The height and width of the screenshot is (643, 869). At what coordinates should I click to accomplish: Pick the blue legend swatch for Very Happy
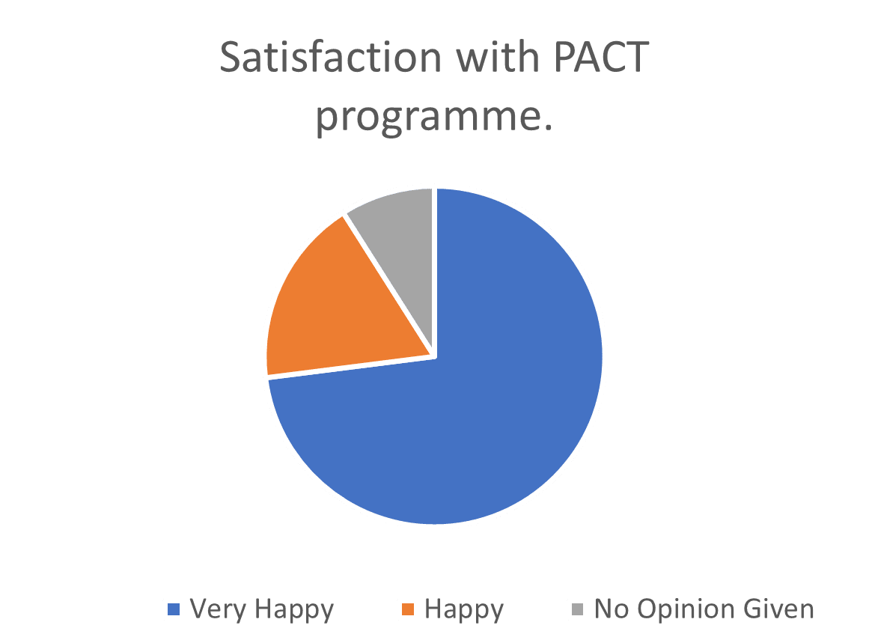(174, 609)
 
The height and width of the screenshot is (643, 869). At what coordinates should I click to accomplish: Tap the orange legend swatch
(409, 609)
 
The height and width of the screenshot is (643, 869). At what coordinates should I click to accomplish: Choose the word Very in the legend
(218, 609)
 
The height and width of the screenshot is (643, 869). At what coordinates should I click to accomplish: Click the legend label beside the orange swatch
(464, 609)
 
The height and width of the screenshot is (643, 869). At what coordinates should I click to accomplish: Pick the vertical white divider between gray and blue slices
(434, 269)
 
